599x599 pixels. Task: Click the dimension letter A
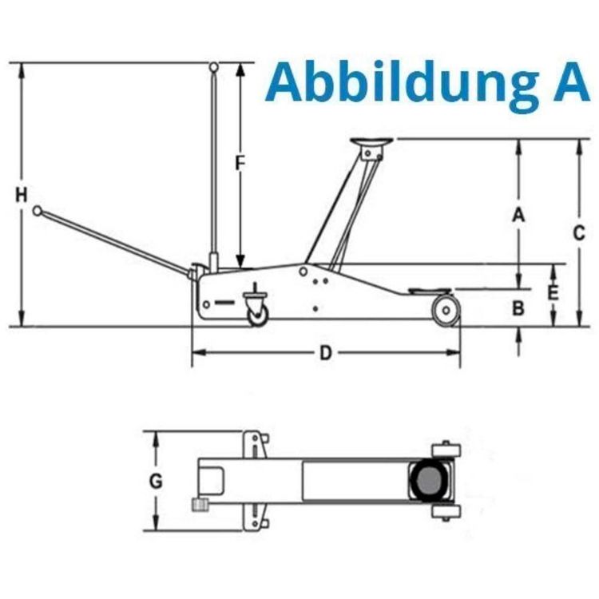tap(518, 215)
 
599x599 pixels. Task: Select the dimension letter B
tap(518, 307)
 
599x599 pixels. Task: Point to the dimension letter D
tap(325, 352)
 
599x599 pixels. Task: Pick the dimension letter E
tap(553, 293)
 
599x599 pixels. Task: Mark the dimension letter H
tap(22, 194)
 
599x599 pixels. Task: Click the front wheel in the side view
tap(446, 310)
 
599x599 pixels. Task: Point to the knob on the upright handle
tap(214, 66)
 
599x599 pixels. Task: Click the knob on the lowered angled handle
tap(37, 211)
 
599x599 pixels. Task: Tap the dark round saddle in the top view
tap(430, 482)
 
